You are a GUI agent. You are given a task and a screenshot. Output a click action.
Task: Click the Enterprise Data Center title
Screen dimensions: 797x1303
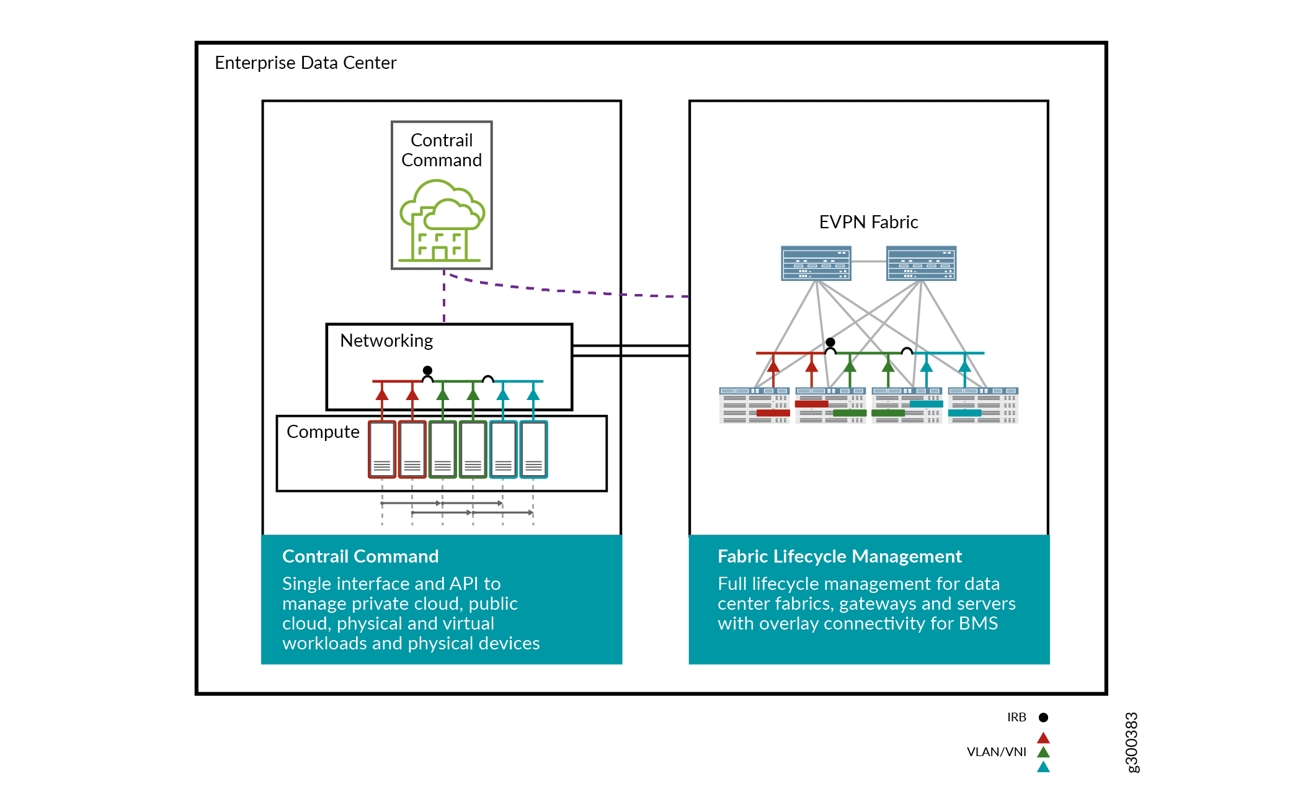pyautogui.click(x=305, y=63)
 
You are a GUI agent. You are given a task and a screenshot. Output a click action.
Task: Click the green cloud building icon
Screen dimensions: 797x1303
pyautogui.click(x=442, y=221)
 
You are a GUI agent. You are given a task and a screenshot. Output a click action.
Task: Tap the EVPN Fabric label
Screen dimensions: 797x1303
pyautogui.click(x=868, y=222)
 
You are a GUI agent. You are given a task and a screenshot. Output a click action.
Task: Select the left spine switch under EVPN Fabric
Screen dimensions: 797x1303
pyautogui.click(x=816, y=264)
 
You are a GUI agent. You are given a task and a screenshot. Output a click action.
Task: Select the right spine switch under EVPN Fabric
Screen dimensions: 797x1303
pyautogui.click(x=921, y=264)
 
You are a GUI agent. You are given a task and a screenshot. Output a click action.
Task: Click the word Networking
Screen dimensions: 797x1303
pyautogui.click(x=386, y=341)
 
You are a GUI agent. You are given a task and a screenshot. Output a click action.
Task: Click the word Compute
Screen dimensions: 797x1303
pyautogui.click(x=322, y=432)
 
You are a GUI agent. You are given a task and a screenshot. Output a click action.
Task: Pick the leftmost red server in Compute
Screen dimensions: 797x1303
pyautogui.click(x=382, y=450)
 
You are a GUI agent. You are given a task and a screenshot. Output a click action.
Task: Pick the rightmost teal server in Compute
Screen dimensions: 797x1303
pyautogui.click(x=533, y=450)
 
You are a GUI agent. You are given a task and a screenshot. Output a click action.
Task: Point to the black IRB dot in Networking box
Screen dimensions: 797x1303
pyautogui.click(x=427, y=370)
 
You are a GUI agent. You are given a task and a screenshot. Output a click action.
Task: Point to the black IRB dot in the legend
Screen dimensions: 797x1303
pyautogui.click(x=1043, y=718)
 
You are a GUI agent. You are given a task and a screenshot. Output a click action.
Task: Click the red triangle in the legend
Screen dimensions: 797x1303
pyautogui.click(x=1043, y=738)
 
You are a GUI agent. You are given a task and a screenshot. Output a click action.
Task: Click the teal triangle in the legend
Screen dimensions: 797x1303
pyautogui.click(x=1043, y=767)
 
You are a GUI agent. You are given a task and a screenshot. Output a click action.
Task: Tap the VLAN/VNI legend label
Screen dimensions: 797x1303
pyautogui.click(x=996, y=752)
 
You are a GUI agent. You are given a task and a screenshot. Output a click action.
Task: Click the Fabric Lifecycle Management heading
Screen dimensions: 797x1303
pyautogui.click(x=839, y=556)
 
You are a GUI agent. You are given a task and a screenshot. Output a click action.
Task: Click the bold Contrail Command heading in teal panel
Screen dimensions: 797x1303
pyautogui.click(x=360, y=556)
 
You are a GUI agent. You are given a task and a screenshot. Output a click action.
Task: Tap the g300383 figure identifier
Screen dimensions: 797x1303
pyautogui.click(x=1131, y=742)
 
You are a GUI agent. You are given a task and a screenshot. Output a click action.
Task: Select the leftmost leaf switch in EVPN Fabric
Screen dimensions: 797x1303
pyautogui.click(x=754, y=406)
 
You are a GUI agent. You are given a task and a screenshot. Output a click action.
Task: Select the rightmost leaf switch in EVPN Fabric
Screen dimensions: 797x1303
pyautogui.click(x=983, y=406)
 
